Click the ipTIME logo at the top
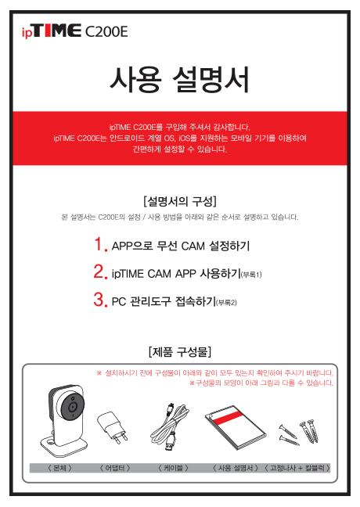point(52,31)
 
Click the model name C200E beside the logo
point(106,31)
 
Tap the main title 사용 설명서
point(179,80)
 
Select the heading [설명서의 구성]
point(180,201)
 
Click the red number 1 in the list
point(100,244)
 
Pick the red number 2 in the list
point(100,271)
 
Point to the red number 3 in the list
point(100,300)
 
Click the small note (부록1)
point(251,275)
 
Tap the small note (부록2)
point(226,303)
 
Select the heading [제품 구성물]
point(180,351)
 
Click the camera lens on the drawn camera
point(73,406)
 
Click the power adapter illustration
point(112,427)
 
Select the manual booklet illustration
point(236,427)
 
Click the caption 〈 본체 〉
point(59,468)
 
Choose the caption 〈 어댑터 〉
point(115,468)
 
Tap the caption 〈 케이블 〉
point(173,468)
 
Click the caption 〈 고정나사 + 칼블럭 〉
point(297,468)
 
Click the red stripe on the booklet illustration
point(228,418)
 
